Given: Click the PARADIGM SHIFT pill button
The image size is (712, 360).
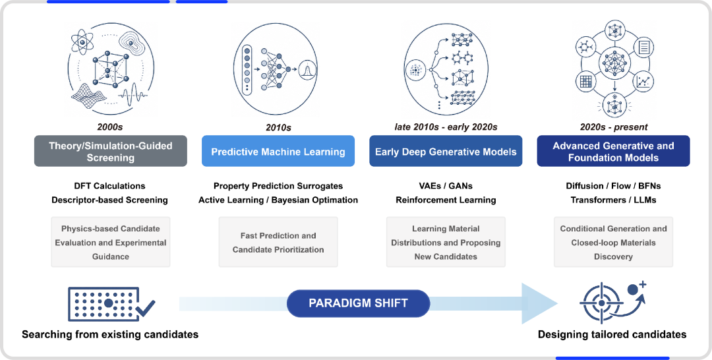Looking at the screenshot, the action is pyautogui.click(x=358, y=303).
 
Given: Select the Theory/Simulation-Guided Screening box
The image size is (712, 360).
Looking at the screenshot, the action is pyautogui.click(x=111, y=151).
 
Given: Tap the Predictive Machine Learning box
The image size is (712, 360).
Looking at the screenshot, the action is pyautogui.click(x=278, y=151).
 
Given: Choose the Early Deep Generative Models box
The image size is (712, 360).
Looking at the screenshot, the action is pyautogui.click(x=446, y=151).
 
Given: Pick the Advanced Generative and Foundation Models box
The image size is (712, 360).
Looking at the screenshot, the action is pyautogui.click(x=614, y=151).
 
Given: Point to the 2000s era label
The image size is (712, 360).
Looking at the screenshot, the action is pyautogui.click(x=110, y=127).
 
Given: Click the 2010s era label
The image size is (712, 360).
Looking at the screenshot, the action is pyautogui.click(x=278, y=127).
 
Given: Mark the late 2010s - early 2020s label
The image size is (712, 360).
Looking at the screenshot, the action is pyautogui.click(x=446, y=127).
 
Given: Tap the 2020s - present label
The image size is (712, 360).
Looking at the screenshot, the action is pyautogui.click(x=614, y=127).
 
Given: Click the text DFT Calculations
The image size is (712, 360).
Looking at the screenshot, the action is pyautogui.click(x=110, y=186).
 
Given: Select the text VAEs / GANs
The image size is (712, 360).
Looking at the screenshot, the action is pyautogui.click(x=446, y=186).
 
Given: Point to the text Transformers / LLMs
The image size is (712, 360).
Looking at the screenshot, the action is pyautogui.click(x=614, y=200).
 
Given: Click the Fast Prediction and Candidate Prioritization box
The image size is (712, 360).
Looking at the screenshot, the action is pyautogui.click(x=278, y=242).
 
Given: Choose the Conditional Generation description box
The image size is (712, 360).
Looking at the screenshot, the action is pyautogui.click(x=614, y=242).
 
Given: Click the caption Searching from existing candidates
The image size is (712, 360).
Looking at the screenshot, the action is pyautogui.click(x=110, y=334).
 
